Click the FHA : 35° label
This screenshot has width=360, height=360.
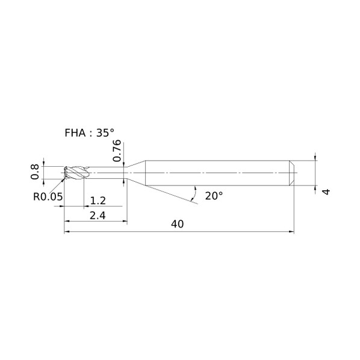pyautogui.click(x=89, y=133)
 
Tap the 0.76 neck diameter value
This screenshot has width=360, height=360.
pyautogui.click(x=117, y=151)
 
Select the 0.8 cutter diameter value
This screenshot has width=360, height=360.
pyautogui.click(x=35, y=172)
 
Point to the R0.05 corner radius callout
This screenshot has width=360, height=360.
pyautogui.click(x=48, y=197)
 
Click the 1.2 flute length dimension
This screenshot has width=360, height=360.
pyautogui.click(x=98, y=200)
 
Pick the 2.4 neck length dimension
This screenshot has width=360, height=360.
pyautogui.click(x=98, y=216)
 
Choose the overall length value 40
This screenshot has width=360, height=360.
pyautogui.click(x=177, y=224)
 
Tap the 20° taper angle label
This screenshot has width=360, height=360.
pyautogui.click(x=214, y=196)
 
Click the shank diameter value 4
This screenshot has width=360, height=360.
pyautogui.click(x=326, y=191)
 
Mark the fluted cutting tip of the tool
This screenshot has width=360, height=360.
pyautogui.click(x=76, y=172)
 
